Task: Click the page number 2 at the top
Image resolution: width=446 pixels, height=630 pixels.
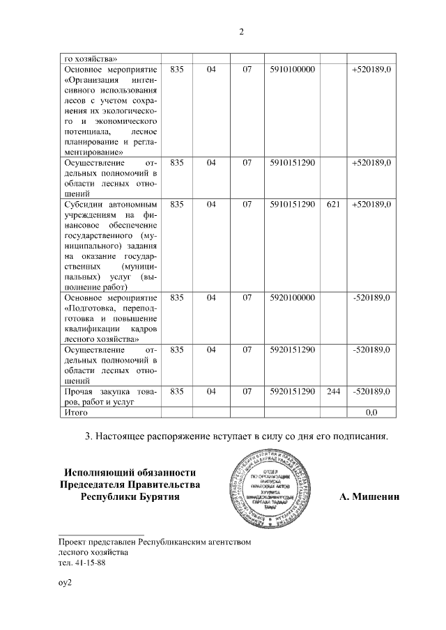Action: tap(241, 32)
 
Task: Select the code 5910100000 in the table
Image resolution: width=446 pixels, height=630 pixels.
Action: tap(293, 70)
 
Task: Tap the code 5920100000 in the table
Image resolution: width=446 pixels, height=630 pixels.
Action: tap(293, 297)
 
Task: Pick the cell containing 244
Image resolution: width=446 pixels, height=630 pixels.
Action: tap(333, 391)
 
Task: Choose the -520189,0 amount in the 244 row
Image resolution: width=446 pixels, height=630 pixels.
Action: tap(371, 391)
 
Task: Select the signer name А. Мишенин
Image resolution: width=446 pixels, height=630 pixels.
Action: tap(369, 496)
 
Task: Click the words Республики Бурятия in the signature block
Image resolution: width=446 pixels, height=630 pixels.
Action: tap(130, 496)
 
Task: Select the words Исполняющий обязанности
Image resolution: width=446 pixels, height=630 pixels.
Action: tap(130, 473)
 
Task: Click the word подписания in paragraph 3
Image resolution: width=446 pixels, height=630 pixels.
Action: tap(361, 436)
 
